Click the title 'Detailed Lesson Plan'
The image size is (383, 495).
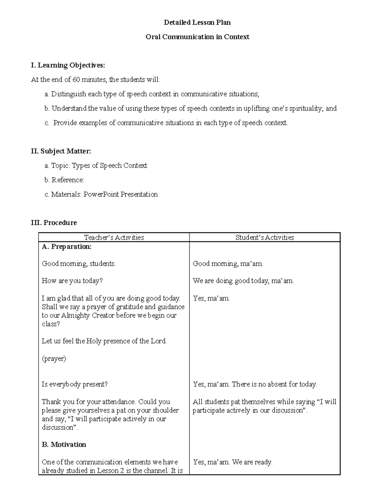coord(197,23)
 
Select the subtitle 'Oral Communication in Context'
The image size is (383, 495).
coord(197,37)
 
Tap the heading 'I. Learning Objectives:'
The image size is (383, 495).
coord(68,65)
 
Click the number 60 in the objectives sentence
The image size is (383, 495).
coord(76,80)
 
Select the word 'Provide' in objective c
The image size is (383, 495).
coord(65,123)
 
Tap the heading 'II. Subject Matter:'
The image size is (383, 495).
coord(61,151)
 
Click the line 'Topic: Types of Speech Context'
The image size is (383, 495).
coord(99,166)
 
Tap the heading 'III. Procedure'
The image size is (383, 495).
coord(54,223)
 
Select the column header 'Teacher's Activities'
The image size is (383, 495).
coord(114,237)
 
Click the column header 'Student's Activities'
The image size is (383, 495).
coord(265,237)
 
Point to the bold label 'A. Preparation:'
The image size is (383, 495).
coord(67,247)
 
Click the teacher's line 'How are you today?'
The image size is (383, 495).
coord(72,281)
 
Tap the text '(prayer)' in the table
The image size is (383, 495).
coord(54,359)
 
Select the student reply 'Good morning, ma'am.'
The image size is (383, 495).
coord(228,264)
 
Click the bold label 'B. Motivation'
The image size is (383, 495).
coord(64,445)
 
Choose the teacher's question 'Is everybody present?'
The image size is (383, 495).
coord(75,384)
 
